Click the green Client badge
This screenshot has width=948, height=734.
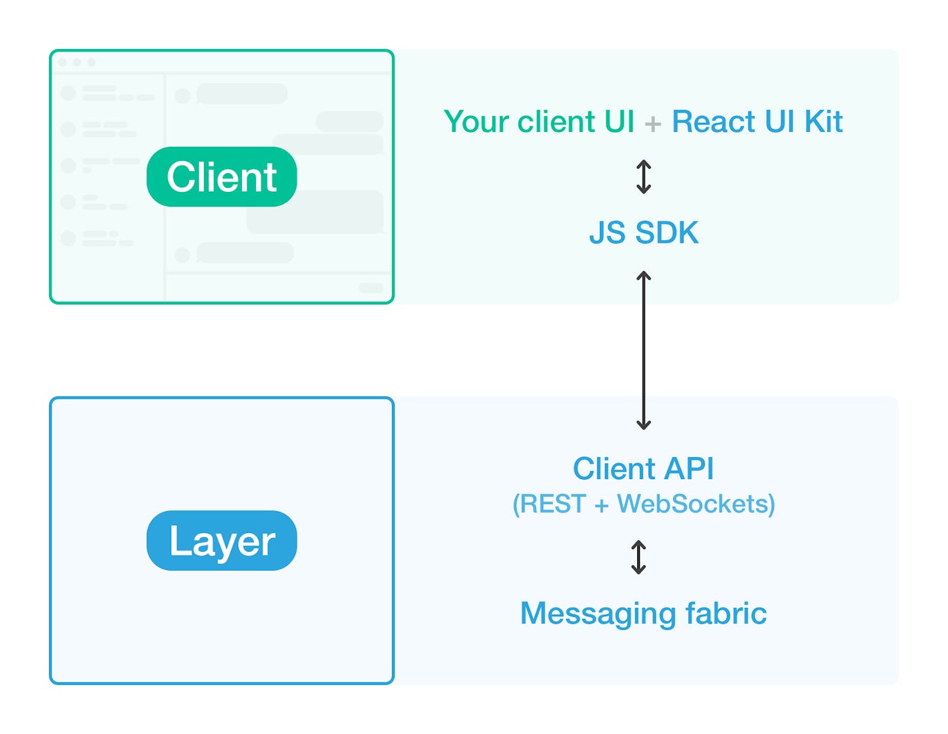221,176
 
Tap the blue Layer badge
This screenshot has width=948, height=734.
221,540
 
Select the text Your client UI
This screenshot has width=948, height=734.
539,122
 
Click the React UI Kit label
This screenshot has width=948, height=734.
757,122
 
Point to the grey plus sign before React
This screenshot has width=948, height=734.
653,124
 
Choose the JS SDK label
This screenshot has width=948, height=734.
644,232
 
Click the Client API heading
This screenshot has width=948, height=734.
644,468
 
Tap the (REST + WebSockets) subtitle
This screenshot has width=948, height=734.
644,503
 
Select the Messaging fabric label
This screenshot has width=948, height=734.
644,613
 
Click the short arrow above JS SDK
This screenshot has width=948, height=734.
644,176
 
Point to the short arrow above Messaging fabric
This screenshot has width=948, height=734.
638,557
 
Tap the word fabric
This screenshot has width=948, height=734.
726,613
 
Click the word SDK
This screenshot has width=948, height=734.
667,232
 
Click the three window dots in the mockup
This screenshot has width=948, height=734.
77,62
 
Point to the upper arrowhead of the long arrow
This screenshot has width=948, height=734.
644,276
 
